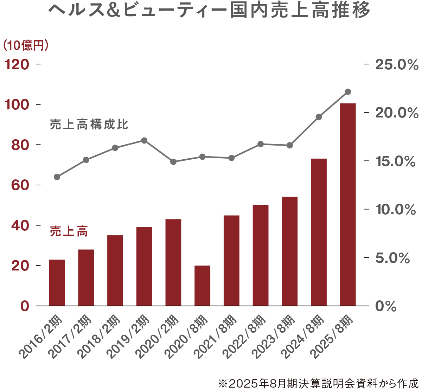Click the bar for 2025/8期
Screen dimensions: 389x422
click(347, 204)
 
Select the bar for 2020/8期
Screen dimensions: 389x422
click(202, 286)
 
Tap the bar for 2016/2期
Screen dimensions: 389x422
click(57, 282)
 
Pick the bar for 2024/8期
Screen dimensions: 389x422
click(319, 232)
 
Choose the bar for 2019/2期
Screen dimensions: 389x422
click(144, 266)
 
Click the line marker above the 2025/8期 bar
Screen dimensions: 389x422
click(348, 92)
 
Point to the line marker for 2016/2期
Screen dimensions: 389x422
click(57, 177)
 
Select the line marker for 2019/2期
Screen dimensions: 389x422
click(144, 140)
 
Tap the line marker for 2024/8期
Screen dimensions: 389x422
click(319, 117)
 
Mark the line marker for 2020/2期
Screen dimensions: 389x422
click(173, 162)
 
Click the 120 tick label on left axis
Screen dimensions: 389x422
click(16, 64)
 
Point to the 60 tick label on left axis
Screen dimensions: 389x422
click(20, 185)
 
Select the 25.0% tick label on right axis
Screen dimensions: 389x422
click(397, 65)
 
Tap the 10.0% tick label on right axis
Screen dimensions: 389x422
click(396, 210)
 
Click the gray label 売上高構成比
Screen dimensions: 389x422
click(89, 125)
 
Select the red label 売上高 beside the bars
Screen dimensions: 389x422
click(69, 231)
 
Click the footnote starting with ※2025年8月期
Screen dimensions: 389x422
click(318, 383)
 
